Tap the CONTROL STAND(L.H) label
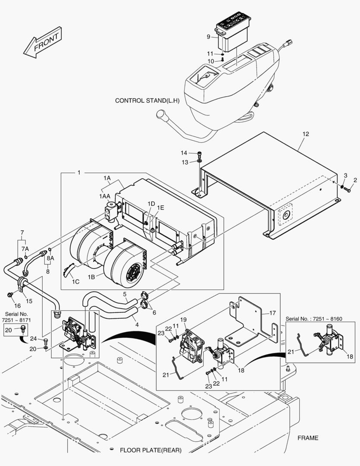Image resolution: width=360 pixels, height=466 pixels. pos(147,101)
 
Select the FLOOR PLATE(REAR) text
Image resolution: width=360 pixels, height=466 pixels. pos(150,450)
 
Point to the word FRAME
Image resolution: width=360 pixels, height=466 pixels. pos(308,438)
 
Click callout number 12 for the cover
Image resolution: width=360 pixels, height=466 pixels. pos(305,134)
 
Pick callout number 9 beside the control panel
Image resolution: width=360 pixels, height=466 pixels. pos(209,37)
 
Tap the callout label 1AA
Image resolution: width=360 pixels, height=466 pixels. pos(104,196)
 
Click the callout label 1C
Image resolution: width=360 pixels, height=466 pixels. pos(76,282)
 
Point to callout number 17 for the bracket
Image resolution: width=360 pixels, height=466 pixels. pos(272,313)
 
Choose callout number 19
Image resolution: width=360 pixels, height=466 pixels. pos(183,319)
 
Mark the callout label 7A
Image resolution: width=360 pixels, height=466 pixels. pos(25,249)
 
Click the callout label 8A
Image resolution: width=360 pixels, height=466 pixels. pos(50,258)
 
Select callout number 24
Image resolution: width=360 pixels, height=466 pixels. pos(33,339)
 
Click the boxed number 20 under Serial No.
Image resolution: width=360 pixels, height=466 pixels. pos(8,330)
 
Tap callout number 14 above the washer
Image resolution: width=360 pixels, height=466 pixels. pos(184,153)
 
